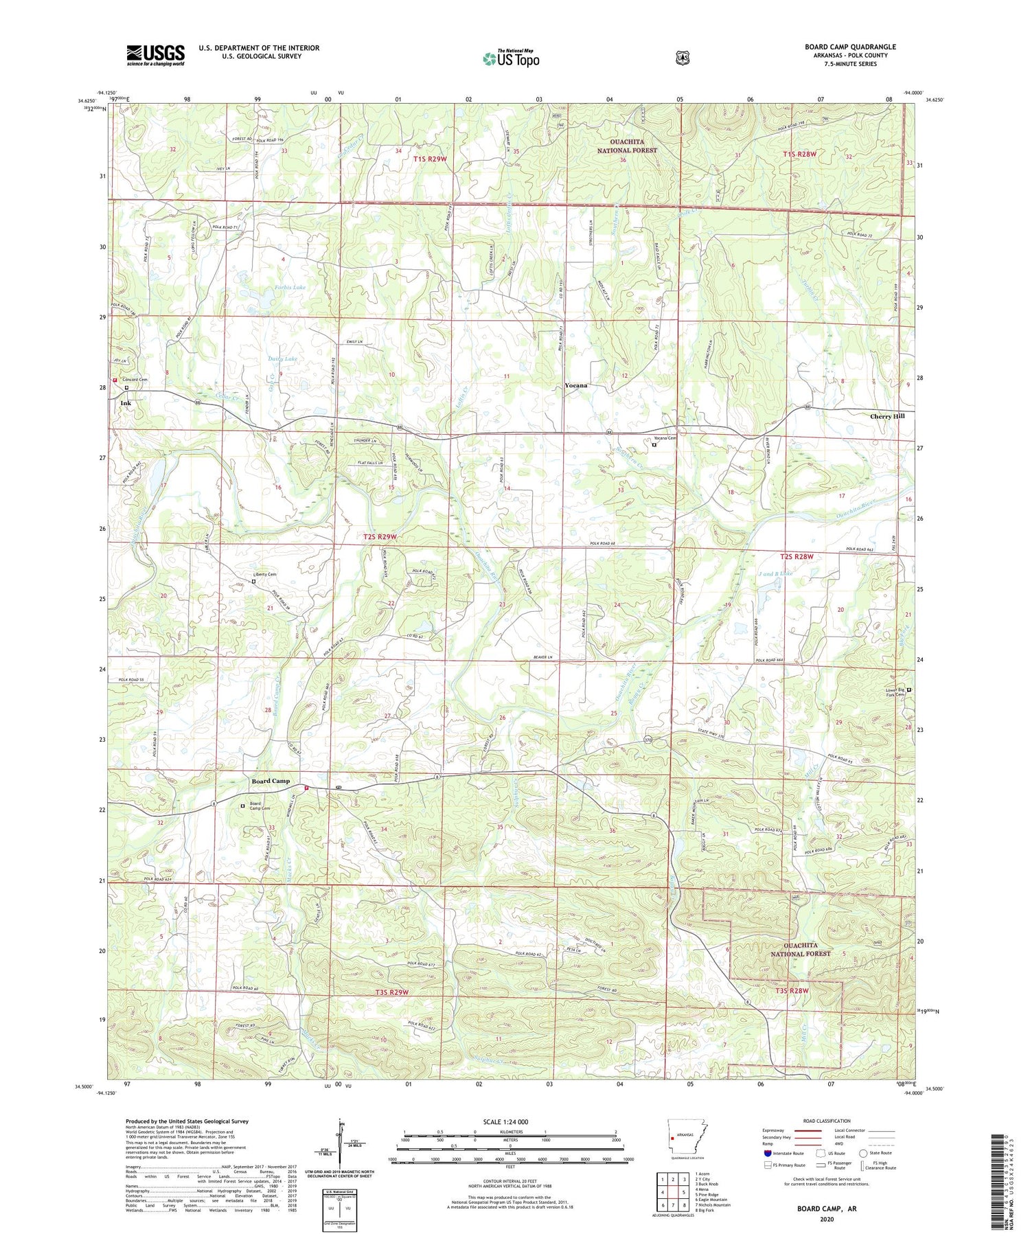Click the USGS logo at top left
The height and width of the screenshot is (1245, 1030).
click(x=155, y=55)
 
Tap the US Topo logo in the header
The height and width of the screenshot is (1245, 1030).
click(x=511, y=58)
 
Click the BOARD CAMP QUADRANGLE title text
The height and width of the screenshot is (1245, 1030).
click(x=850, y=47)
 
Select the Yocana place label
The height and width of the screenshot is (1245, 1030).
click(x=575, y=385)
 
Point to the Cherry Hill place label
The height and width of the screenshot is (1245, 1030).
click(x=887, y=416)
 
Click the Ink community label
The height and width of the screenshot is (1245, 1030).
click(x=126, y=403)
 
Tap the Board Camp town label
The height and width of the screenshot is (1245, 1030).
click(x=271, y=781)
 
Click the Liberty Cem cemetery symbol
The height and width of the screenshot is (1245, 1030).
click(x=253, y=582)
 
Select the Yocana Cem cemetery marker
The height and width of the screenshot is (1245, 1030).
click(x=654, y=444)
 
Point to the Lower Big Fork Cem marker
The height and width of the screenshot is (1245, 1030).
click(x=909, y=689)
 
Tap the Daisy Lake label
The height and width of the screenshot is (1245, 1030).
click(x=282, y=358)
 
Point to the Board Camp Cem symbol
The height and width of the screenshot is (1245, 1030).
click(x=242, y=806)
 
